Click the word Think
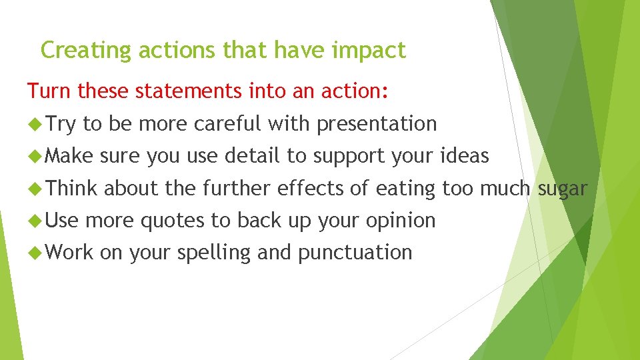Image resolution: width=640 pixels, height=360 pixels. [73, 189]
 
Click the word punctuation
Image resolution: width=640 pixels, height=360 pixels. [355, 253]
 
